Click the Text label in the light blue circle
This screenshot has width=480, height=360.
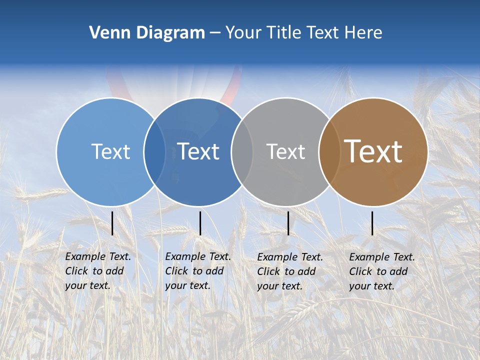110,151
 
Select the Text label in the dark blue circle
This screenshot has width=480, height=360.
198,151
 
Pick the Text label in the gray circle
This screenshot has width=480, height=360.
285,151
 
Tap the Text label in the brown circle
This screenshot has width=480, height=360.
373,151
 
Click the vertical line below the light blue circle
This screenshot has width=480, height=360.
112,223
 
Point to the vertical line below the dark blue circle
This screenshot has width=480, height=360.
200,223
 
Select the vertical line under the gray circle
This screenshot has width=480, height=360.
288,223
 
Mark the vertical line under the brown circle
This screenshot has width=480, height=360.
372,223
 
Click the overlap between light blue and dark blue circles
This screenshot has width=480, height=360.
154,152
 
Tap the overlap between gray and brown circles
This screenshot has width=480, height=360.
329,152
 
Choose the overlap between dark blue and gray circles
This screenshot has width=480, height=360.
242,152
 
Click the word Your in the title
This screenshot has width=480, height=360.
243,33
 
